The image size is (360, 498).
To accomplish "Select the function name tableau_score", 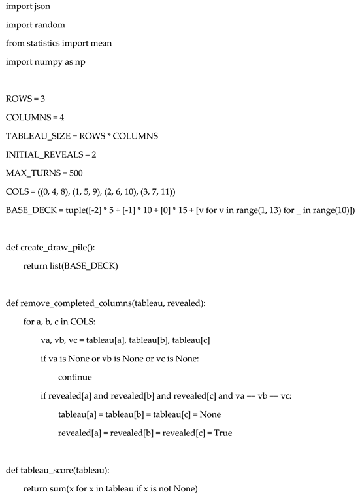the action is coord(48,469).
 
